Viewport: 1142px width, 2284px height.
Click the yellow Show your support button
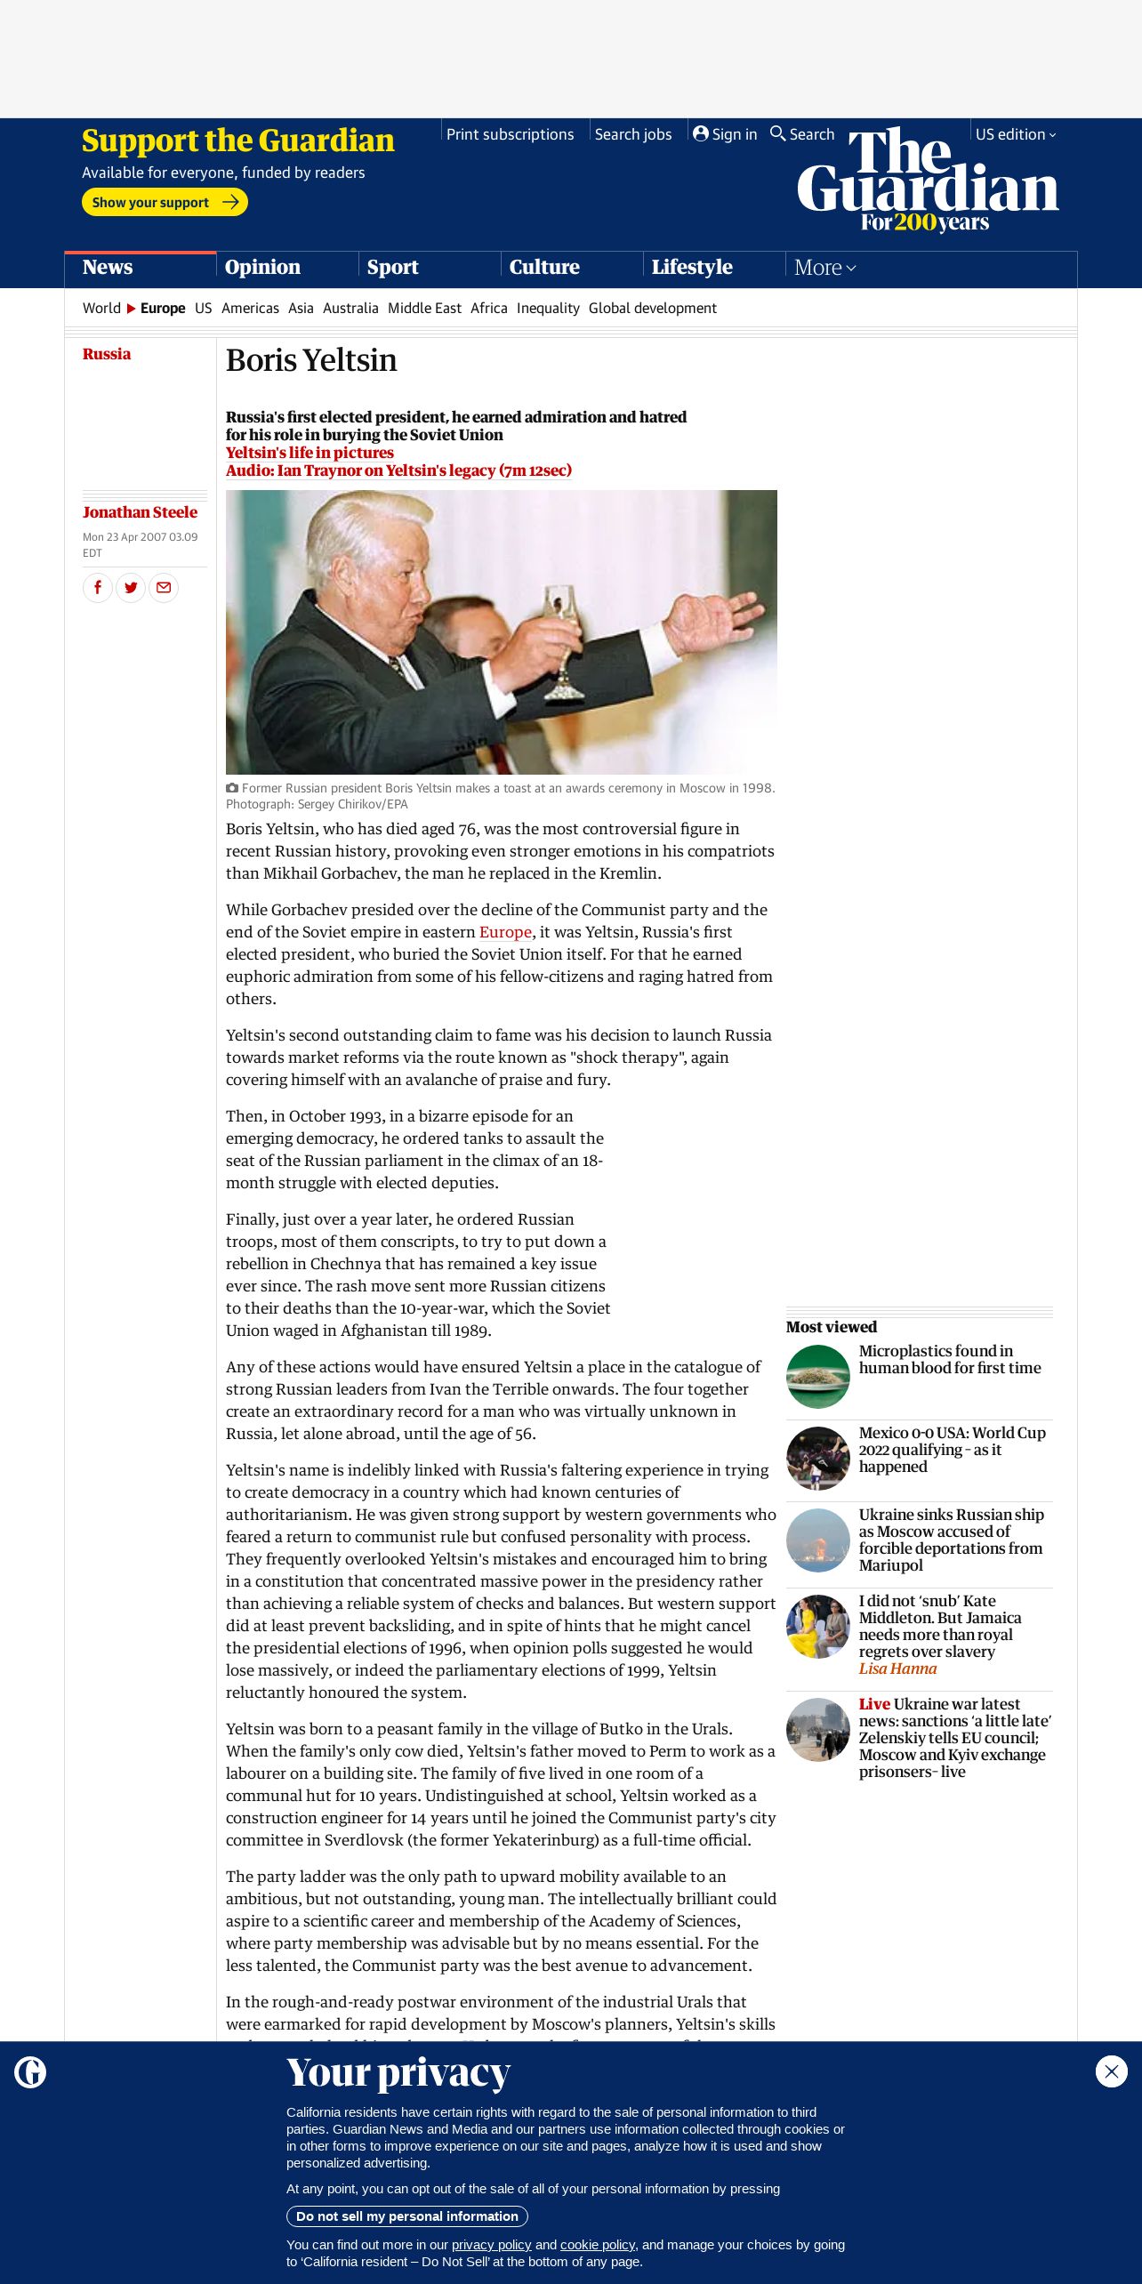pyautogui.click(x=165, y=202)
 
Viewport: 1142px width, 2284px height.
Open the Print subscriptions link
pyautogui.click(x=510, y=134)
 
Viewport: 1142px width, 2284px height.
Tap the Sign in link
pyautogui.click(x=725, y=134)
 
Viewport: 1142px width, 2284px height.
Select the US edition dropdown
pyautogui.click(x=1015, y=134)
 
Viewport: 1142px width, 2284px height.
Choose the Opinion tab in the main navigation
pyautogui.click(x=262, y=267)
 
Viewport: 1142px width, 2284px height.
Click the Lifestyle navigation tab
pyautogui.click(x=692, y=267)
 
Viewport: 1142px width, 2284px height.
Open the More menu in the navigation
pyautogui.click(x=824, y=267)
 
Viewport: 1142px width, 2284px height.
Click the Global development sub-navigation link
pyautogui.click(x=652, y=308)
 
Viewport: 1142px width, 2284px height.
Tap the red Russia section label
pyautogui.click(x=107, y=354)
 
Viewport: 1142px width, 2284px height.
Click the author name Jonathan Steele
pyautogui.click(x=140, y=512)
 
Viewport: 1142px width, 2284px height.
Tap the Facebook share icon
pyautogui.click(x=98, y=588)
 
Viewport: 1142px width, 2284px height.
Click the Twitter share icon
pyautogui.click(x=131, y=588)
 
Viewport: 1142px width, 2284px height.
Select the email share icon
pyautogui.click(x=164, y=588)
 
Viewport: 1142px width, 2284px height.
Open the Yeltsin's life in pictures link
pyautogui.click(x=310, y=453)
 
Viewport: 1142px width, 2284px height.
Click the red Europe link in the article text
pyautogui.click(x=505, y=932)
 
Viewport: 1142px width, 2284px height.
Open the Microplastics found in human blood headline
pyautogui.click(x=949, y=1359)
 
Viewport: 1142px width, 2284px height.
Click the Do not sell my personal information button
pyautogui.click(x=407, y=2216)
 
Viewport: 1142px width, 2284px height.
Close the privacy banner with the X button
pyautogui.click(x=1111, y=2071)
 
